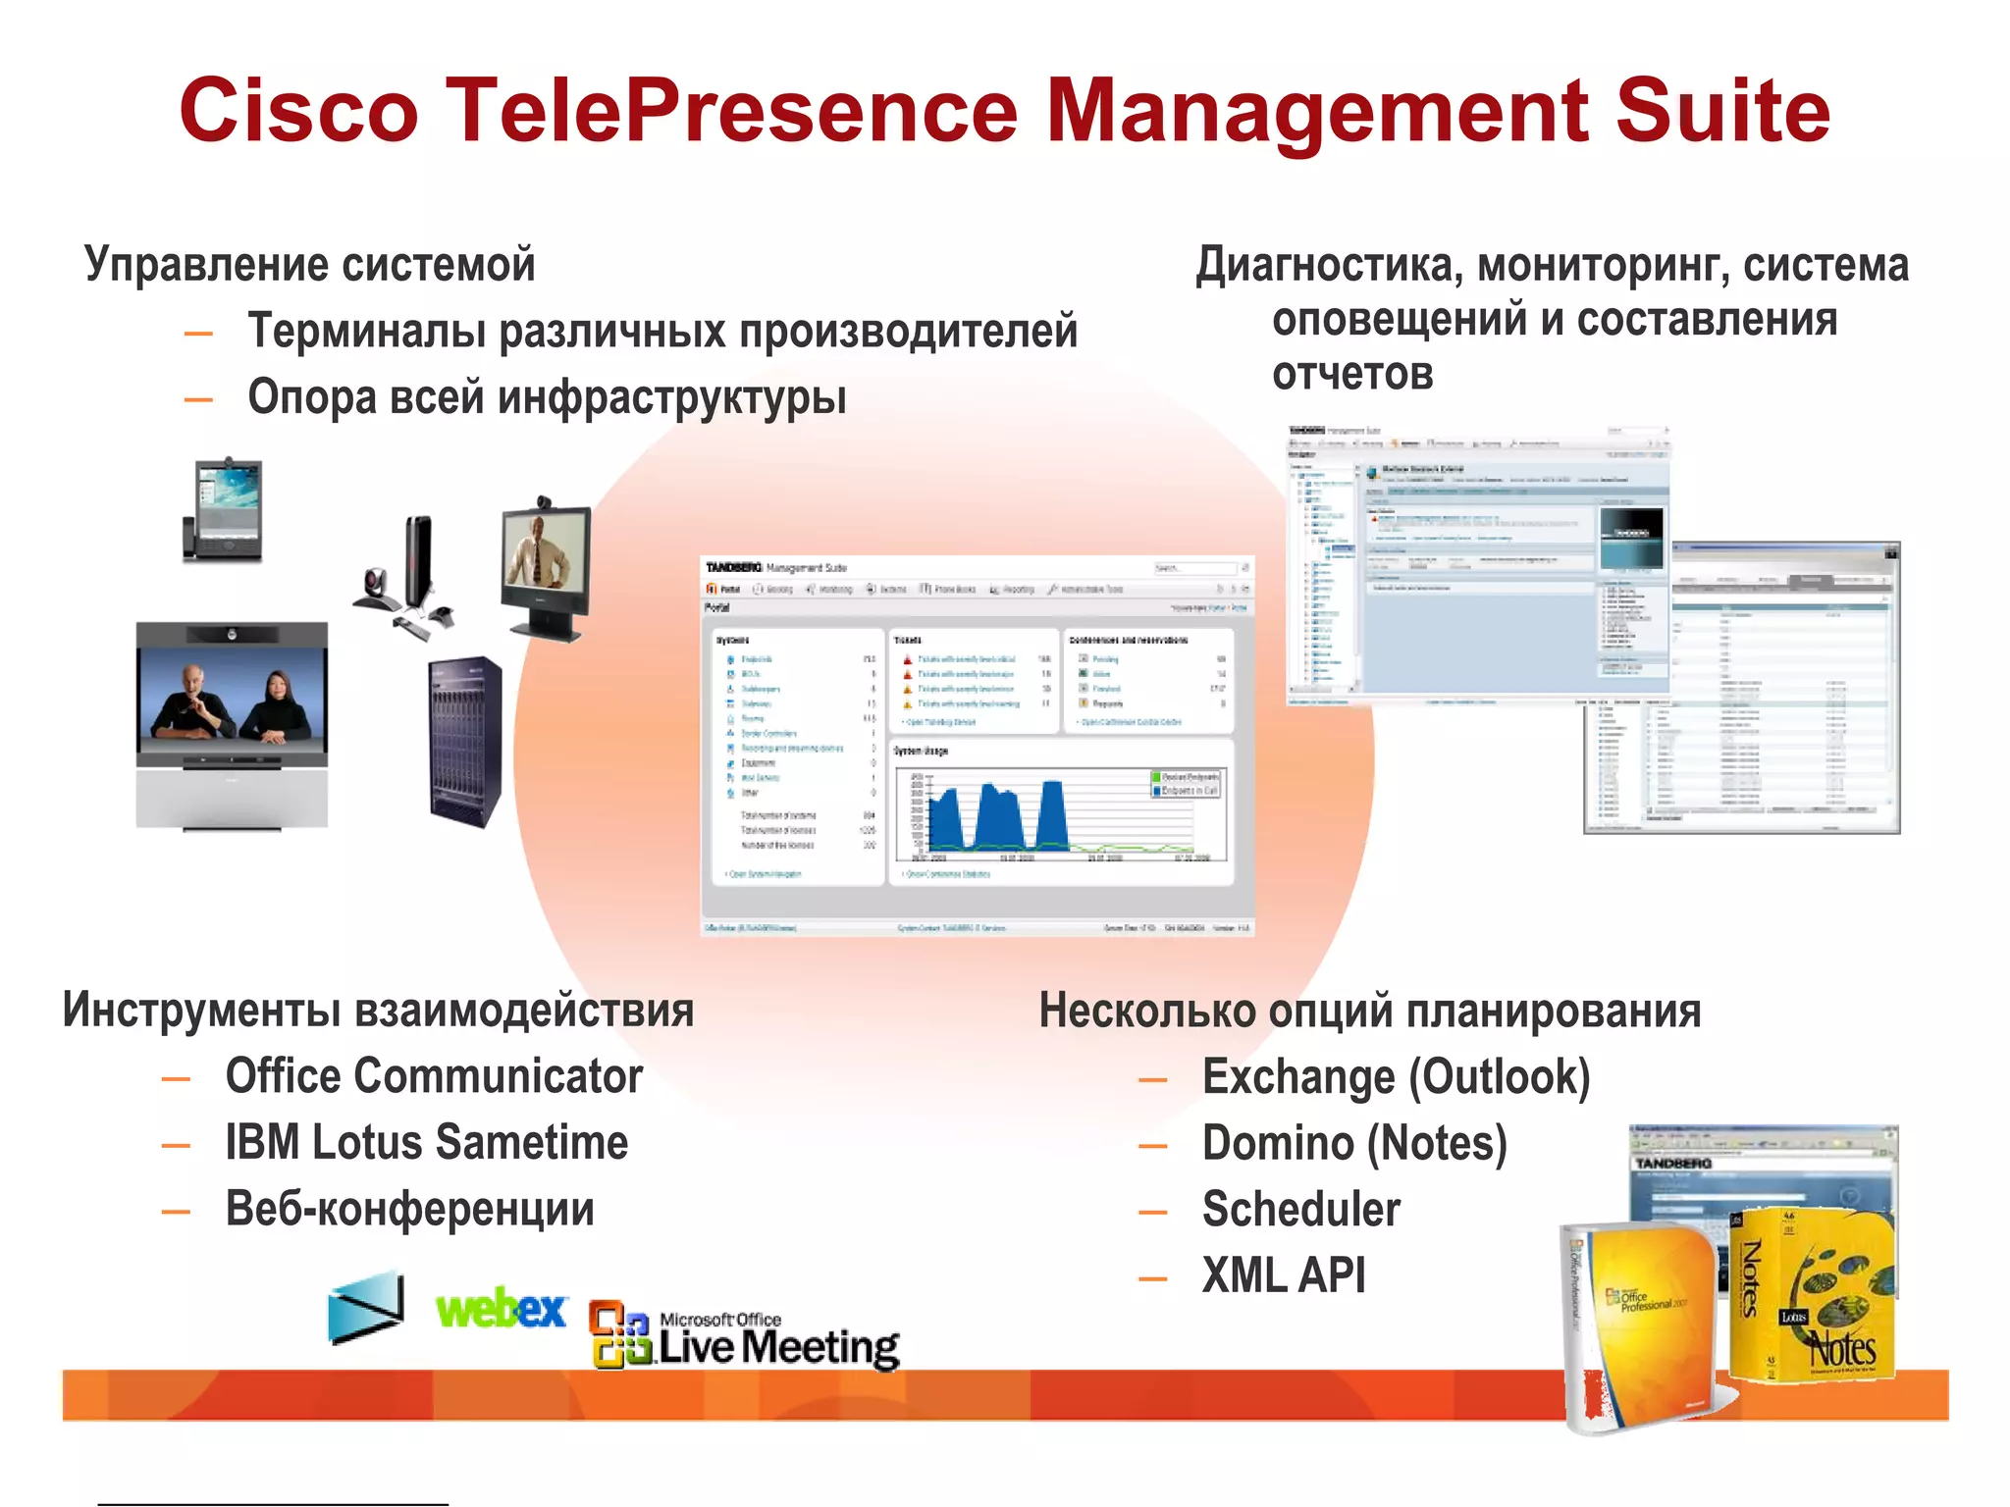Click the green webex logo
[x=501, y=1309]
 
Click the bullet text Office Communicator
[x=434, y=1076]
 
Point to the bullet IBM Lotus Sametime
[x=426, y=1143]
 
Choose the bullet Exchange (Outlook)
[x=1395, y=1077]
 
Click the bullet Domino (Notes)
[x=1353, y=1144]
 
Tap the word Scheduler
[x=1300, y=1210]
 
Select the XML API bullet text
[x=1283, y=1276]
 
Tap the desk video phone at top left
[x=223, y=510]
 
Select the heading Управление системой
[x=309, y=265]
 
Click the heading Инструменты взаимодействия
[x=378, y=1011]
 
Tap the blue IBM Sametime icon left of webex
[x=365, y=1308]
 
